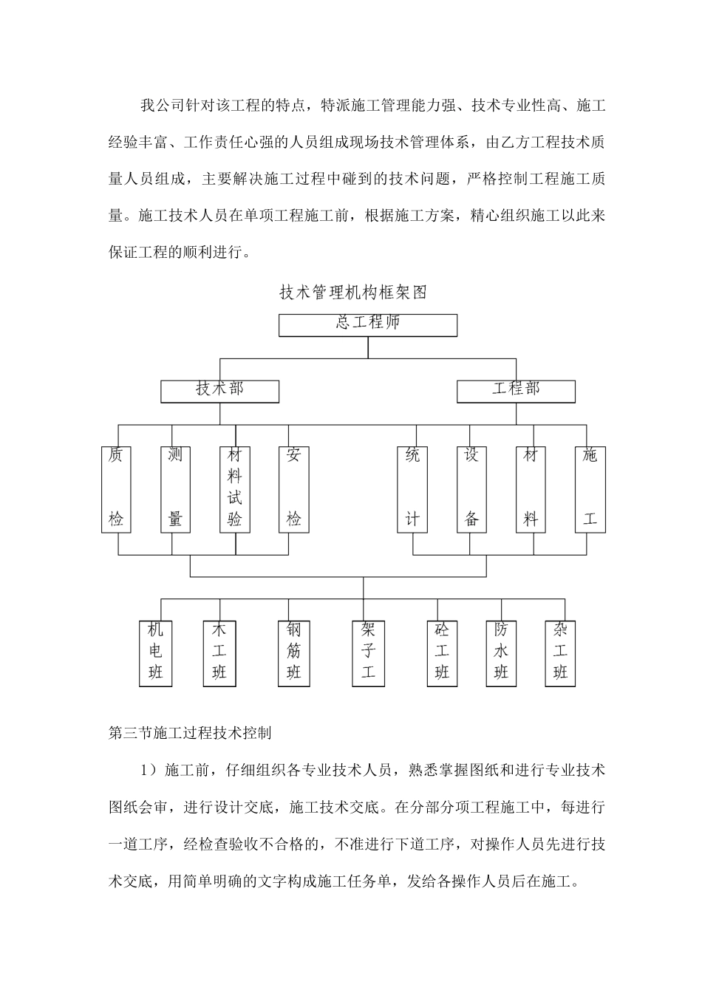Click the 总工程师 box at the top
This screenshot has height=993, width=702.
[367, 325]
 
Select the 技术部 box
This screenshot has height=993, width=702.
[219, 391]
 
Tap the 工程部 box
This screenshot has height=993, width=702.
[516, 391]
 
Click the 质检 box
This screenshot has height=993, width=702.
[116, 488]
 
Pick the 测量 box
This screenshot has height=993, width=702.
[175, 488]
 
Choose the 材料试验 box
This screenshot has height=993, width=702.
[234, 488]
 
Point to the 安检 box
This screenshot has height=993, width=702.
[293, 488]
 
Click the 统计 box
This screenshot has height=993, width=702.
[412, 488]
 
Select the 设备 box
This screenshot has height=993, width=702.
[471, 488]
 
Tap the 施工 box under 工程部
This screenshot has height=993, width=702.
[590, 488]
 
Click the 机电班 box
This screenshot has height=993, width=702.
[155, 653]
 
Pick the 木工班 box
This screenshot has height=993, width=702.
[219, 653]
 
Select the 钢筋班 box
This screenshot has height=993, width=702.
[293, 653]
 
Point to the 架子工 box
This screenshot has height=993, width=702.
[368, 653]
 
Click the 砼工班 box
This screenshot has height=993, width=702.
[442, 653]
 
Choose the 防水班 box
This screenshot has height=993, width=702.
[501, 653]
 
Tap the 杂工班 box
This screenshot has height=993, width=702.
[560, 653]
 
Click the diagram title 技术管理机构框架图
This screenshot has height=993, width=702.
[353, 293]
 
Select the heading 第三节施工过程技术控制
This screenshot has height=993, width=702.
[190, 733]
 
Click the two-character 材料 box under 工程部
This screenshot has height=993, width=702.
[531, 488]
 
